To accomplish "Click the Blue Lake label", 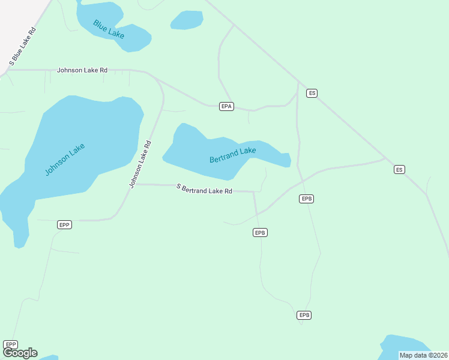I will tap(109, 29).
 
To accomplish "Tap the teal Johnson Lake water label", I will tap(65, 160).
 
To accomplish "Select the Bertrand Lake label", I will tap(233, 155).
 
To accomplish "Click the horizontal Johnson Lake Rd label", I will tap(82, 70).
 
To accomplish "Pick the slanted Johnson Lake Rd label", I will tap(140, 164).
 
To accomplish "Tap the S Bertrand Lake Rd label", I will tap(204, 190).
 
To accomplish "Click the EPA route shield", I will tap(226, 106).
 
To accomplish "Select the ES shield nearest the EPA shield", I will tap(312, 93).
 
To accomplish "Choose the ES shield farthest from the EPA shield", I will tap(400, 170).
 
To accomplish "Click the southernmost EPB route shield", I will tap(304, 315).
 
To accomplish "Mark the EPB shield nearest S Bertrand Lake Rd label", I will tap(260, 233).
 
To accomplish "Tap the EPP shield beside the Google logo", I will tap(10, 344).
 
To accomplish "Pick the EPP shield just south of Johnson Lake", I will tap(65, 225).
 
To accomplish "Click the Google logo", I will tap(20, 353).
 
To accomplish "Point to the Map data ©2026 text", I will tap(423, 355).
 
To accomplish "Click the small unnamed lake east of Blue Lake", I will tap(187, 20).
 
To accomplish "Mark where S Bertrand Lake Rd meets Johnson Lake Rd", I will tap(136, 184).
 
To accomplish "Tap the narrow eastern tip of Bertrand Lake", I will tap(286, 159).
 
